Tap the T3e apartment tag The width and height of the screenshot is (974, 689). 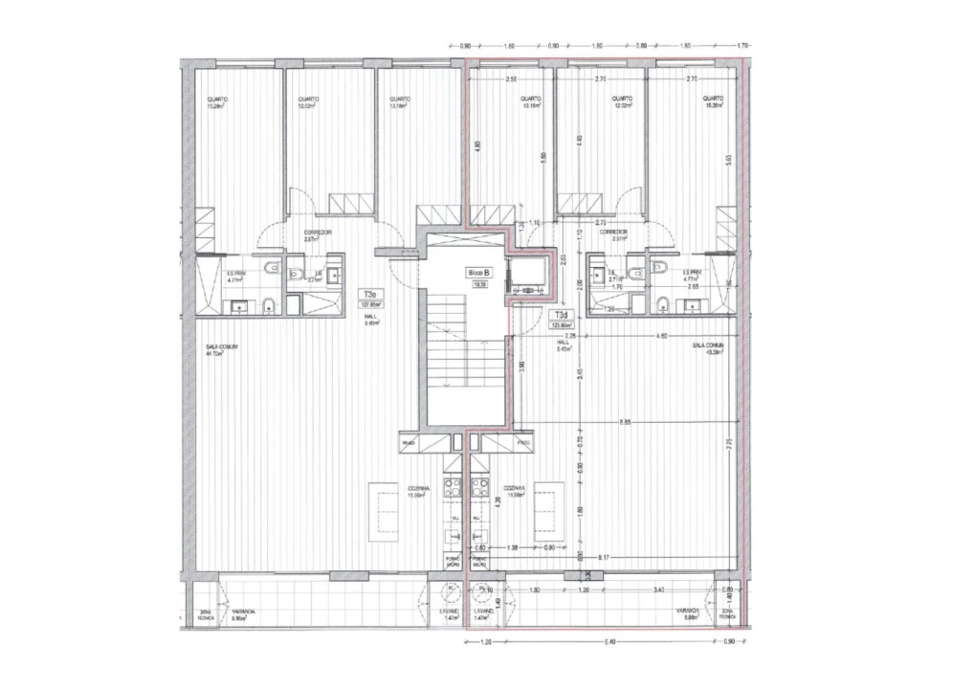click(369, 295)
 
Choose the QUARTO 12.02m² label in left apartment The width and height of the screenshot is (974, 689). click(307, 102)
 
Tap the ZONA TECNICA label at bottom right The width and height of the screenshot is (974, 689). click(728, 613)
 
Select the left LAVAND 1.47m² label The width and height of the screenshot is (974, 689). click(451, 613)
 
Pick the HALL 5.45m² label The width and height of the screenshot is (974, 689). click(565, 346)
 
